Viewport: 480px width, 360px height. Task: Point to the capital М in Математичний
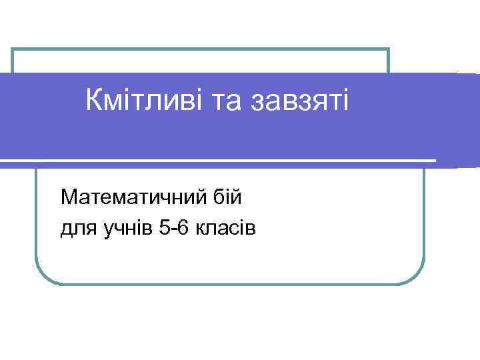[68, 198]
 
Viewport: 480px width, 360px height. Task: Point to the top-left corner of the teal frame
[13, 49]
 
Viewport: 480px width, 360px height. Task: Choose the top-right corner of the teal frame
[388, 49]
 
